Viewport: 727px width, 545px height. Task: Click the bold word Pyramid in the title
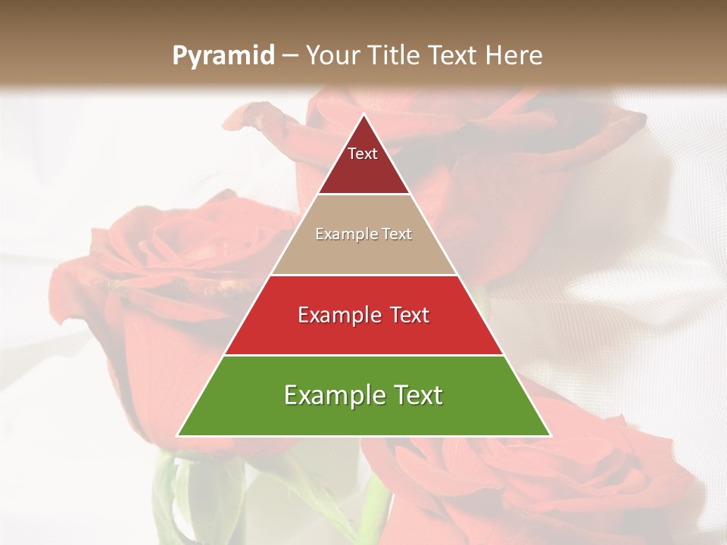click(x=223, y=55)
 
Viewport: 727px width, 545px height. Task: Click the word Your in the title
click(x=334, y=55)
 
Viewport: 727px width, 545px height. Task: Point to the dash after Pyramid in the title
click(x=290, y=56)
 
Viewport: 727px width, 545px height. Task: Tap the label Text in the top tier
click(x=363, y=154)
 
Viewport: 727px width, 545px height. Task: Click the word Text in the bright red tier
click(x=404, y=315)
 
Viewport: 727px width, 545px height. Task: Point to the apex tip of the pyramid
click(x=364, y=115)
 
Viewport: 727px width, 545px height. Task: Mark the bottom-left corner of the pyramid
click(x=179, y=435)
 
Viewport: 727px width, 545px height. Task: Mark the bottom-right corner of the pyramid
click(x=549, y=435)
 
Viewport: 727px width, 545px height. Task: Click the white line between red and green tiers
click(x=363, y=355)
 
